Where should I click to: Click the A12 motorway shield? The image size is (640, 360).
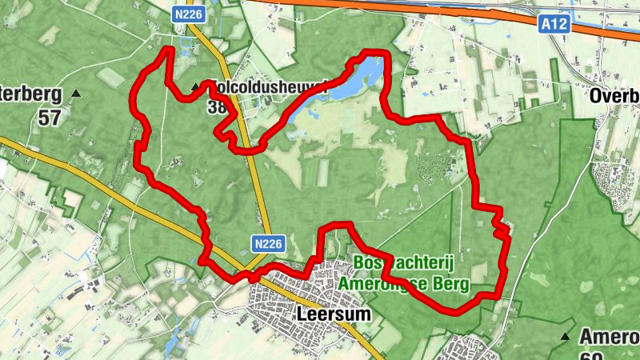[554, 26]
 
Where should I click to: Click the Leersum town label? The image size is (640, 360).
[334, 314]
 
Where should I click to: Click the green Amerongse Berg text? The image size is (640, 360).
[403, 283]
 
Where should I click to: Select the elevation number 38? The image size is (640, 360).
[214, 106]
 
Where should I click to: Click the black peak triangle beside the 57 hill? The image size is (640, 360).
[76, 94]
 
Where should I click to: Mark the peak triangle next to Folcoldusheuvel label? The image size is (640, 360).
[195, 86]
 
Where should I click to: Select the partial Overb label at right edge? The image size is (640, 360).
[614, 96]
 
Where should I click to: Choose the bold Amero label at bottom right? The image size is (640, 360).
[608, 336]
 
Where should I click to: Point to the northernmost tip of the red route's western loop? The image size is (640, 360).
[169, 50]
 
